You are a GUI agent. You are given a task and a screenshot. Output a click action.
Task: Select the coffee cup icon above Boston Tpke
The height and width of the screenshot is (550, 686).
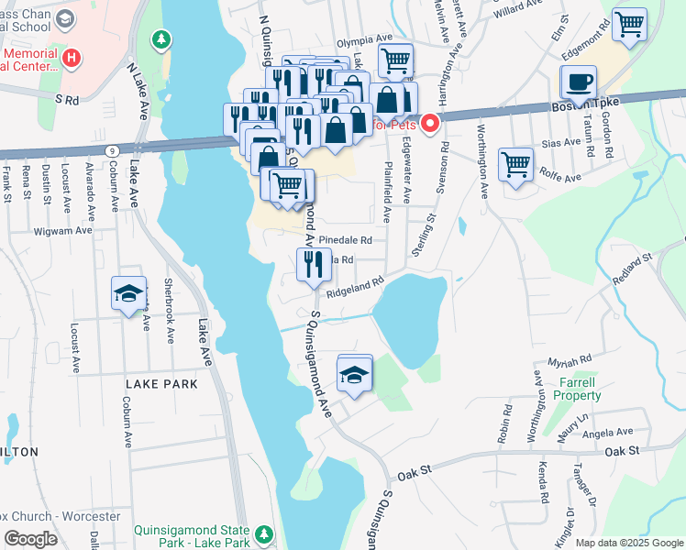578,82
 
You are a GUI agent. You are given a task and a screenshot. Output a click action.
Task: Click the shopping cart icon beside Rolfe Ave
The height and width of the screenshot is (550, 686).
516,165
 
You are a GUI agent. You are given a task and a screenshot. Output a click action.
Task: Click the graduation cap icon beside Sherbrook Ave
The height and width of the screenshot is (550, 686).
128,293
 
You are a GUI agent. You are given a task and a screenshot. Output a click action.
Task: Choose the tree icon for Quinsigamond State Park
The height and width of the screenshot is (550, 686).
264,533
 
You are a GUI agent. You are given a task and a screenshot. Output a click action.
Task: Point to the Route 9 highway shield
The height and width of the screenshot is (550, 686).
112,149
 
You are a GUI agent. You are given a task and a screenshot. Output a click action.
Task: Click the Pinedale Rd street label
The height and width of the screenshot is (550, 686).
347,240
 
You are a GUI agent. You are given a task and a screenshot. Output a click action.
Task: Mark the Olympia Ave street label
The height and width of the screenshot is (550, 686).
363,40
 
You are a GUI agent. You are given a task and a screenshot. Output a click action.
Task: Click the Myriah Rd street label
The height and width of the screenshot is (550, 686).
570,361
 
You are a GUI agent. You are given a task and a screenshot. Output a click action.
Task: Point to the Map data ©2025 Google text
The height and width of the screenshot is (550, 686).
628,543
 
